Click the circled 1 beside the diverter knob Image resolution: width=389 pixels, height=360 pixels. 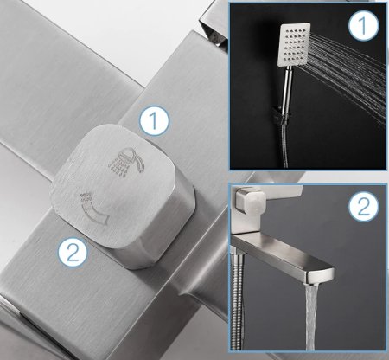pyautogui.click(x=154, y=121)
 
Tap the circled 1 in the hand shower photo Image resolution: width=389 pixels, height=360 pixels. pyautogui.click(x=363, y=24)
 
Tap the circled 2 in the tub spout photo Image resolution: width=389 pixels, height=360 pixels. pyautogui.click(x=363, y=206)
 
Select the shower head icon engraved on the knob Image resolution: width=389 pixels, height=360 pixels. pyautogui.click(x=127, y=162)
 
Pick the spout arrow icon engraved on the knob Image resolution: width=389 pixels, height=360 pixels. pyautogui.click(x=94, y=208)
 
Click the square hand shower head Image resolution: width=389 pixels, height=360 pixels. pyautogui.click(x=294, y=45)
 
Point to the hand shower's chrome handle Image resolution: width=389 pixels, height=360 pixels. pyautogui.click(x=287, y=88)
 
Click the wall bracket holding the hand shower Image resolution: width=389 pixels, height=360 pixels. pyautogui.click(x=281, y=116)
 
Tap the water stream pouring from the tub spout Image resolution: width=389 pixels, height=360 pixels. pyautogui.click(x=313, y=317)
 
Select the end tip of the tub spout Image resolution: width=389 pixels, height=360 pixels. pyautogui.click(x=321, y=276)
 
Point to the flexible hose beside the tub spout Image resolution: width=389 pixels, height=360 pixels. pyautogui.click(x=238, y=300)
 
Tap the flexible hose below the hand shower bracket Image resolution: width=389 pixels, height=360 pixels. pyautogui.click(x=284, y=145)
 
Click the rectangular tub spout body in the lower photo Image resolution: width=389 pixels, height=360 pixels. pyautogui.click(x=283, y=257)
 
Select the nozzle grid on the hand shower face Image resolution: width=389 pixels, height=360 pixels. pyautogui.click(x=294, y=45)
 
